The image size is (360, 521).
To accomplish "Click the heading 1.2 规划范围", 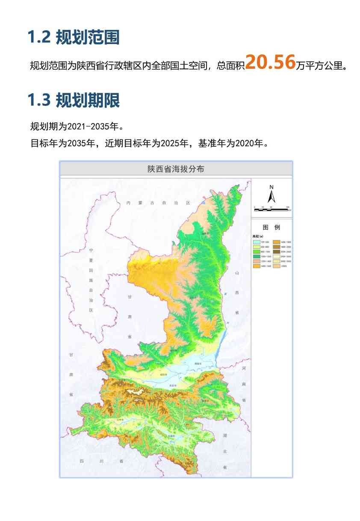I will [73, 38].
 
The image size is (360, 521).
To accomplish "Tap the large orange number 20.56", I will [270, 62].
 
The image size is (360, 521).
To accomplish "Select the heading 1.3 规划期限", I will [73, 100].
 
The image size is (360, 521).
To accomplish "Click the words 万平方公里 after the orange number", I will [321, 66].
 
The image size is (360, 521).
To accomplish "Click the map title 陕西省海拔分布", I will [176, 169].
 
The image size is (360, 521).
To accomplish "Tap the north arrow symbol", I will [271, 197].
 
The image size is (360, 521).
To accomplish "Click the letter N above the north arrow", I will [271, 187].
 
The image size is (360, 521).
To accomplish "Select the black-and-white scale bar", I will [271, 209].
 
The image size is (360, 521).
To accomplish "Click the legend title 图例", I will [271, 227].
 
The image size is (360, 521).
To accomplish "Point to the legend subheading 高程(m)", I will [258, 236].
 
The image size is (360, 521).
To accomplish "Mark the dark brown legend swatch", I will [276, 252].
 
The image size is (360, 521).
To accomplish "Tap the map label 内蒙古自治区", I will [157, 203].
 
